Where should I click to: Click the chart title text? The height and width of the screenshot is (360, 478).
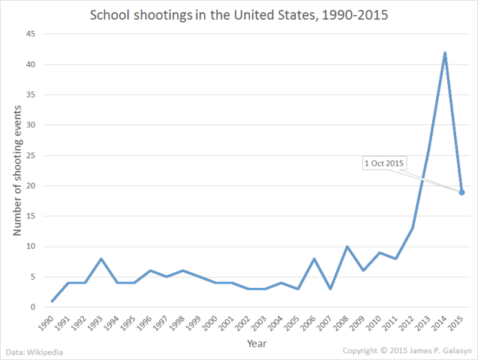click(x=239, y=15)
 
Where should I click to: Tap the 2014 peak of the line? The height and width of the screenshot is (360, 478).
click(x=446, y=53)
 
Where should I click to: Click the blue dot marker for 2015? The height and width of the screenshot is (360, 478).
click(x=461, y=192)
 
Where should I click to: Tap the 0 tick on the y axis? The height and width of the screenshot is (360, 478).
click(x=33, y=307)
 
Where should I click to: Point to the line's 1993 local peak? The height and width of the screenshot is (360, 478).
click(x=101, y=259)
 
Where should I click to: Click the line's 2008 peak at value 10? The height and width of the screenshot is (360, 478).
click(x=347, y=247)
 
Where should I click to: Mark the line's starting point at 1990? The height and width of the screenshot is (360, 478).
click(x=53, y=301)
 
